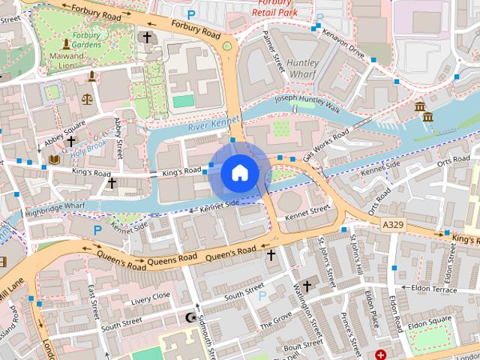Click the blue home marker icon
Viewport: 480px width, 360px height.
(239, 173)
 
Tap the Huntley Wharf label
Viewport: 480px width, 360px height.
(303, 69)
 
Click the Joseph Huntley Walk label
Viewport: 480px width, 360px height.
(308, 104)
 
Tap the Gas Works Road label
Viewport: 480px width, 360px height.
(326, 145)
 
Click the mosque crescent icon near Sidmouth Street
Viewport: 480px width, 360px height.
(190, 318)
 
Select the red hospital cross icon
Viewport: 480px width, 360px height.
(381, 353)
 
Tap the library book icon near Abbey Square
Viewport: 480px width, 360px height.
(53, 160)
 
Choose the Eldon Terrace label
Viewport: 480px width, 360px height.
(435, 288)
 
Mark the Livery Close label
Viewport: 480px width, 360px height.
(151, 298)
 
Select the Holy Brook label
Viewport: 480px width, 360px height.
(88, 147)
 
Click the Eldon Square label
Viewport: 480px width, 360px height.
(430, 320)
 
